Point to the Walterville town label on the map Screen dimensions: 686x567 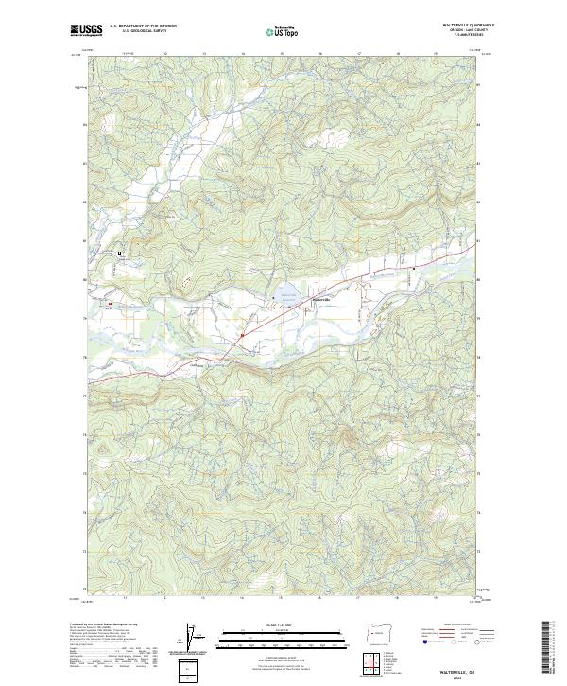pyautogui.click(x=321, y=300)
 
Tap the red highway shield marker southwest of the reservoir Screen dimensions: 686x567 pyautogui.click(x=243, y=334)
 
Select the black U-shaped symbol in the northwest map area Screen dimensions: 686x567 pyautogui.click(x=120, y=254)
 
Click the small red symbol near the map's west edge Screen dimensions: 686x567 pyautogui.click(x=111, y=304)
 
